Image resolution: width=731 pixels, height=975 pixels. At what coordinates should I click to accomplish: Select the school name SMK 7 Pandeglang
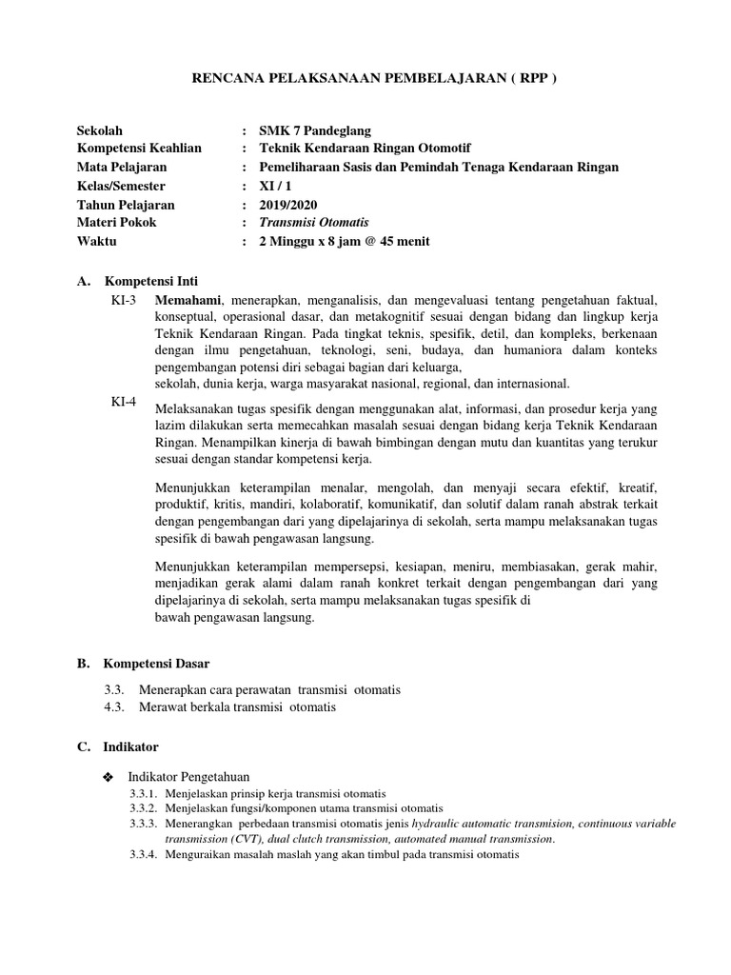pos(315,130)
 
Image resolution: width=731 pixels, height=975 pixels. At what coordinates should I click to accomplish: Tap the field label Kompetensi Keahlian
pos(139,149)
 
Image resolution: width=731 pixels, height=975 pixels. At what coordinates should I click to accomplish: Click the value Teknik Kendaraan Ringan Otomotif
pos(365,149)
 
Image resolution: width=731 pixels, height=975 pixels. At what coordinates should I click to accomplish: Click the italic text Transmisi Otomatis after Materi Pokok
pos(314,223)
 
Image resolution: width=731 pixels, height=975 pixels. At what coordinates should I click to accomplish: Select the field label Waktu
pos(96,242)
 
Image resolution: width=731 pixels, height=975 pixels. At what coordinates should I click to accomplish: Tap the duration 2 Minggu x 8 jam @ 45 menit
pos(345,242)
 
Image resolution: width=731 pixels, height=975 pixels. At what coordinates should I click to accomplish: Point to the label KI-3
pos(125,301)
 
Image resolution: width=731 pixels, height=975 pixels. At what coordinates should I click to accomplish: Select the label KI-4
pos(125,402)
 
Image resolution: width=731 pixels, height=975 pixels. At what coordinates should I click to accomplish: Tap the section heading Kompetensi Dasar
pos(157,663)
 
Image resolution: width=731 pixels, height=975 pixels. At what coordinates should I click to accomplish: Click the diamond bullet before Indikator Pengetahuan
pos(107,778)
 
